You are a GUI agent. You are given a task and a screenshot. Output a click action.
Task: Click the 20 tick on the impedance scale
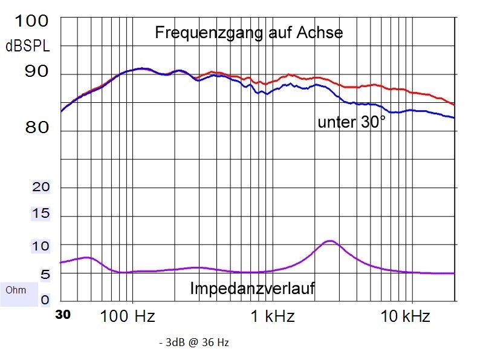(x=41, y=187)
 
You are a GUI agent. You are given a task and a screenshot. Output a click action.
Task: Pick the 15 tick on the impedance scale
(x=41, y=214)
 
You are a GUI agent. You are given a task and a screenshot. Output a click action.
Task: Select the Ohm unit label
(x=16, y=290)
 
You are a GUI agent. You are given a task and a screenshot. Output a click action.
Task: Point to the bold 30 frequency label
(x=63, y=315)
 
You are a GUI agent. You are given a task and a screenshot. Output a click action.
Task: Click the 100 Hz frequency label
(x=126, y=316)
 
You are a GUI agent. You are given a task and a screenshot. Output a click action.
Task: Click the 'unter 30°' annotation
(x=351, y=122)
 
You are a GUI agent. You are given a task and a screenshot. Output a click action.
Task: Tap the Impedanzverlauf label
(x=252, y=289)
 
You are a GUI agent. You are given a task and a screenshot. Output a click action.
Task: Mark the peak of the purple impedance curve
(x=329, y=241)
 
